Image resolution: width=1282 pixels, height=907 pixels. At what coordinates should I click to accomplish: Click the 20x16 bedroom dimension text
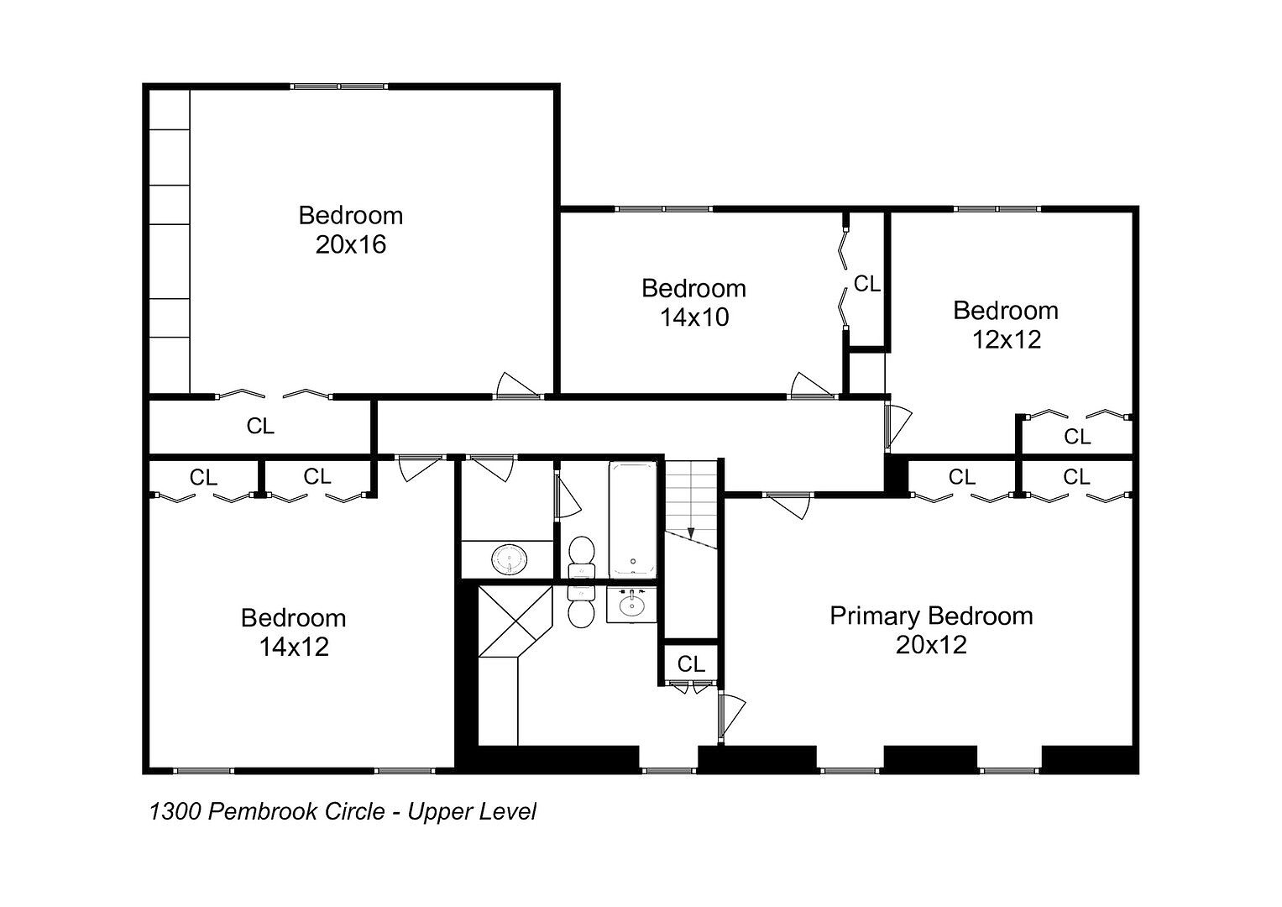[x=351, y=245]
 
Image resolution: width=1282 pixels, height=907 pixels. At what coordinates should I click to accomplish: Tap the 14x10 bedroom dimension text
[x=694, y=317]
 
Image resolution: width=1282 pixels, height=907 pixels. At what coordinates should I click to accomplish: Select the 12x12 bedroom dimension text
[x=1006, y=340]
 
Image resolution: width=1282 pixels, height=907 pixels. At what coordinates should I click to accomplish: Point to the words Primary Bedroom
[x=931, y=616]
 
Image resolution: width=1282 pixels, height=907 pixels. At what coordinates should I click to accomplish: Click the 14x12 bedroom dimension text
[x=294, y=647]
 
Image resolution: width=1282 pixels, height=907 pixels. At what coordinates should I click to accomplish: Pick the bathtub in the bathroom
[x=632, y=519]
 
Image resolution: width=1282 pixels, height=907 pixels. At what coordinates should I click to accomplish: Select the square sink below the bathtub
[x=631, y=604]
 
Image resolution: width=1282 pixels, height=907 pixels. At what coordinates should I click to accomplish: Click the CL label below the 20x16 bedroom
[x=260, y=426]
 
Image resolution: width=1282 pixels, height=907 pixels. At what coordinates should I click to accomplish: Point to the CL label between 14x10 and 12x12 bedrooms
[x=867, y=284]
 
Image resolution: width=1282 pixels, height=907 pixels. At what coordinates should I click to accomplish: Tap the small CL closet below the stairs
[x=691, y=664]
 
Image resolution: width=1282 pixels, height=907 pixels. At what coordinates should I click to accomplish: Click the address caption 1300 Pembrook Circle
[x=267, y=812]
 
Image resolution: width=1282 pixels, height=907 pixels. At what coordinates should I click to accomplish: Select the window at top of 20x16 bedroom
[x=339, y=87]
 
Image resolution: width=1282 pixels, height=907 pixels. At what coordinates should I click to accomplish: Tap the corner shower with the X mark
[x=515, y=621]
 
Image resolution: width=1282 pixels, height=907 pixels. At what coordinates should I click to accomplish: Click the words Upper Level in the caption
[x=472, y=812]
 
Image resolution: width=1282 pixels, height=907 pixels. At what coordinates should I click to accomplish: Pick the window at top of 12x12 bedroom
[x=997, y=209]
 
